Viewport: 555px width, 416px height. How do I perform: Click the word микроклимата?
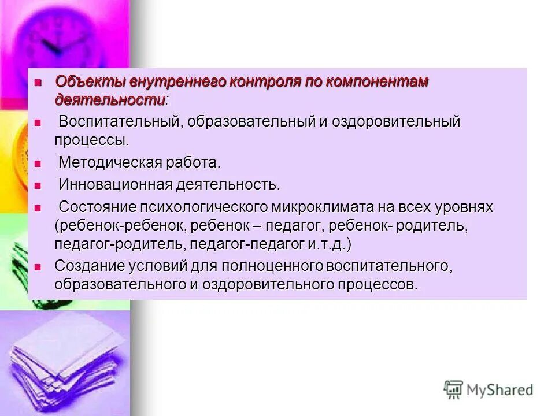pos(343,207)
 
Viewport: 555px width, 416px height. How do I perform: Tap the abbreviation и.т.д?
pos(327,244)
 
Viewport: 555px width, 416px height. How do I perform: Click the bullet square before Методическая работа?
pos(38,164)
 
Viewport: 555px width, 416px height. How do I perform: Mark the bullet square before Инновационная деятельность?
pos(38,185)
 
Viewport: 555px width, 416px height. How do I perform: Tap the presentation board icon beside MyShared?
pos(453,390)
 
